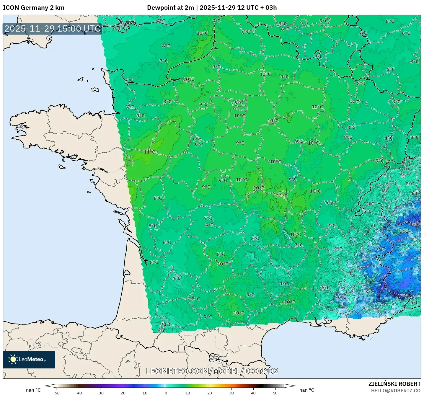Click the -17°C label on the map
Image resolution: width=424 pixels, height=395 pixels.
coord(402,296)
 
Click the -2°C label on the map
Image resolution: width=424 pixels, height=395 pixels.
coord(337,249)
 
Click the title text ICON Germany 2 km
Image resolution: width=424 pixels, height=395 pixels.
coord(34,8)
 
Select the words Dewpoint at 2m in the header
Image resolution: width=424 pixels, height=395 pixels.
coord(170,8)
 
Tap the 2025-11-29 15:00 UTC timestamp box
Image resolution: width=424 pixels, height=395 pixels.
coord(53,29)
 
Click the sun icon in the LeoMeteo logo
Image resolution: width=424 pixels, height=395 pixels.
coord(13,359)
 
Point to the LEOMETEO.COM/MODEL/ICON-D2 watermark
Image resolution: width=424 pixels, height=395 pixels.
coord(212,371)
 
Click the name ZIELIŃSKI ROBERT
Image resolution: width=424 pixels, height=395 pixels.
coord(394,384)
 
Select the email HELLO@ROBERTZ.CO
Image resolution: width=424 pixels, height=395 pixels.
coord(396,391)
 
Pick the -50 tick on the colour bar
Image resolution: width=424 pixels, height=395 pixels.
coord(56,393)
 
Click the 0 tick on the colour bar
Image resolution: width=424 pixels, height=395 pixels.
coord(166,393)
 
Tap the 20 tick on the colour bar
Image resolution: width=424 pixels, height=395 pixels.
coord(209,393)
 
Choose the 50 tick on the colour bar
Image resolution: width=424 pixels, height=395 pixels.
coord(275,393)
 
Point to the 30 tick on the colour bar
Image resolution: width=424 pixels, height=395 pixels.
coord(231,393)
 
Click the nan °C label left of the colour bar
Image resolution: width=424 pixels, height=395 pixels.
coord(33,390)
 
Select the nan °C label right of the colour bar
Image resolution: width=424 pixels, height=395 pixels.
coord(306,390)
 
